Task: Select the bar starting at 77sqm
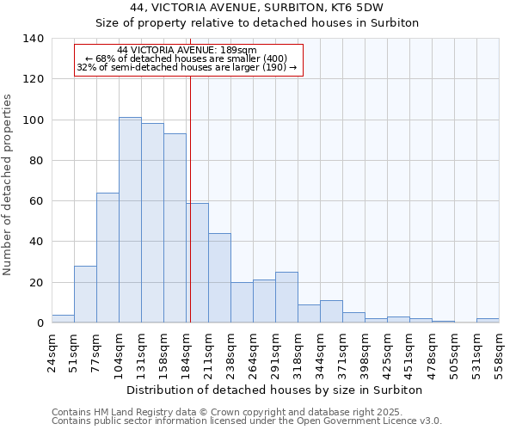[x=107, y=258]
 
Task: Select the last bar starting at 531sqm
[x=488, y=321]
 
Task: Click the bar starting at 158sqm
[x=175, y=228]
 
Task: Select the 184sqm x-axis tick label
[x=187, y=352]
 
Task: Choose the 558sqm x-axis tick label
[x=500, y=352]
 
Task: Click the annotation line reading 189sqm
[x=187, y=50]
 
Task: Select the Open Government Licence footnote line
[x=247, y=421]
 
